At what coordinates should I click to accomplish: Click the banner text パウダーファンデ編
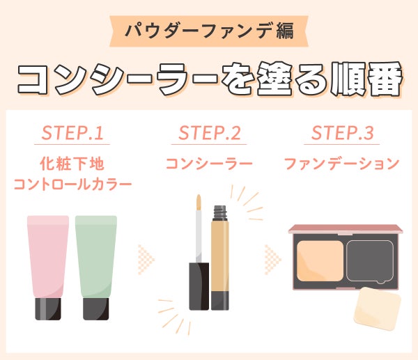tap(209, 31)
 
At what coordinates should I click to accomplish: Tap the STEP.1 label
tap(72, 133)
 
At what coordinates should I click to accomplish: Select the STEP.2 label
tap(209, 133)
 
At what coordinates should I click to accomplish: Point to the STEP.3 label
tap(342, 133)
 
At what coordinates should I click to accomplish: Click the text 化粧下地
tap(72, 164)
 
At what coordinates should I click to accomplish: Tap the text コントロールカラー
tap(72, 185)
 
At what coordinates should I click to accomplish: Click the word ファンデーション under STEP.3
tap(342, 164)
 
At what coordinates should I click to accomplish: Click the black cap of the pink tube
tap(48, 309)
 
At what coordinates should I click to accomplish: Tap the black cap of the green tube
tap(96, 309)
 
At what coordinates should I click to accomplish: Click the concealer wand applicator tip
tap(199, 202)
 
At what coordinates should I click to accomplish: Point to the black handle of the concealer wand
tap(199, 286)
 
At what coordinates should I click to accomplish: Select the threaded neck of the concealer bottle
tap(220, 212)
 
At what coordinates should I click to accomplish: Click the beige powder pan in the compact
tap(320, 261)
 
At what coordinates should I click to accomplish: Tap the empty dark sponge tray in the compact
tap(371, 261)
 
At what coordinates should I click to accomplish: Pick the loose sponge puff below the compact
tap(377, 308)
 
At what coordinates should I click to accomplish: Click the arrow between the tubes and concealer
tap(146, 259)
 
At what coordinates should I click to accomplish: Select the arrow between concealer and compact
tap(272, 259)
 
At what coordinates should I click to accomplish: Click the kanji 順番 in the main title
tap(365, 79)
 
